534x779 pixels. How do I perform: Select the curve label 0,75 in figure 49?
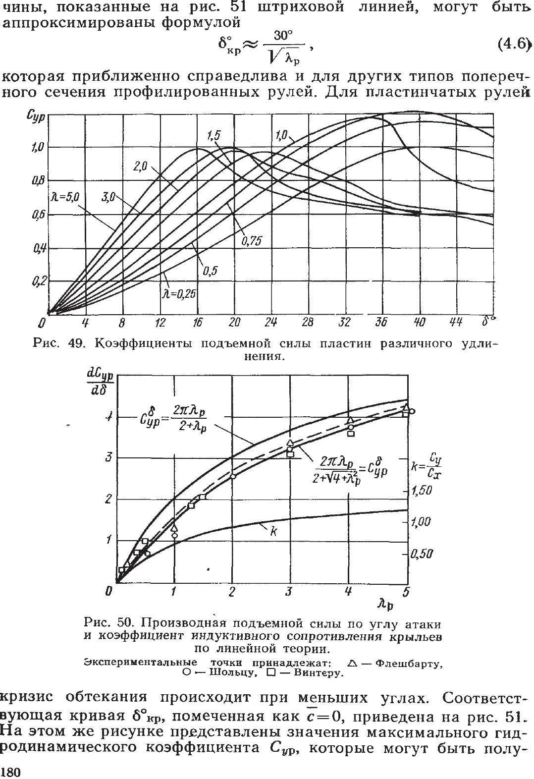[x=251, y=241]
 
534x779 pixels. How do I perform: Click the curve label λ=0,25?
[x=178, y=294]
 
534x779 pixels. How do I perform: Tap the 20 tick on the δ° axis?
[x=234, y=323]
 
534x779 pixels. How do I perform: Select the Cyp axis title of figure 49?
[x=36, y=118]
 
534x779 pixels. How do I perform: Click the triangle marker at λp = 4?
[x=350, y=420]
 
